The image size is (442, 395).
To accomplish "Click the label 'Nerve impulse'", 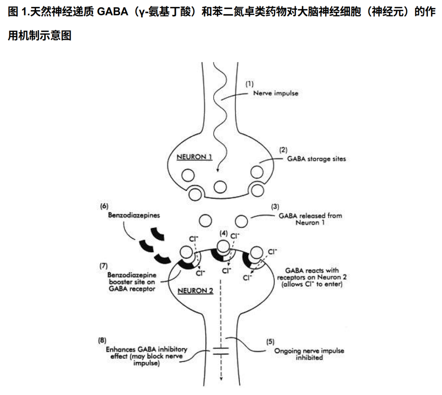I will tap(276, 94).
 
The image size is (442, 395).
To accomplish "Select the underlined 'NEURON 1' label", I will tap(194, 157).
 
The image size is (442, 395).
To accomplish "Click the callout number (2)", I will tap(283, 150).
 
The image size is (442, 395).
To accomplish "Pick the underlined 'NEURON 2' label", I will tap(195, 291).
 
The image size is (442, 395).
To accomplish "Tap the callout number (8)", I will tap(102, 340).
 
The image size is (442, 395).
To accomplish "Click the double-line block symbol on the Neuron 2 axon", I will tap(221, 351).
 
